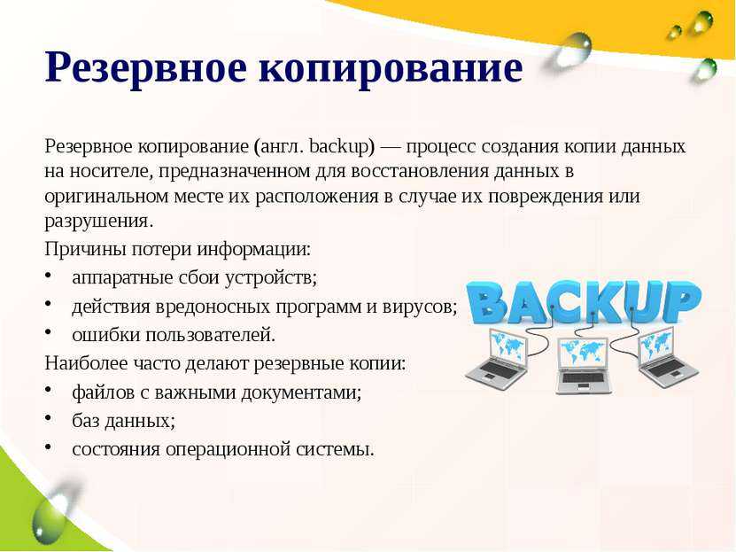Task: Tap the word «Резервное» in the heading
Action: [145, 67]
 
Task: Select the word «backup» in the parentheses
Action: [339, 147]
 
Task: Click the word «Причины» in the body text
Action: [85, 250]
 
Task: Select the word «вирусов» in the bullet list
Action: [419, 307]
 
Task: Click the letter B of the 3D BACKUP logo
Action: [489, 302]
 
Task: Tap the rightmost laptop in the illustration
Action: [667, 358]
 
